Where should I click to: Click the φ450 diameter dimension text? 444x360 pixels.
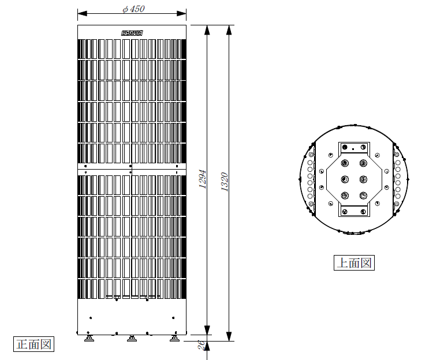pos(133,9)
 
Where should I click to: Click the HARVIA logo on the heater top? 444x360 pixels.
pos(132,33)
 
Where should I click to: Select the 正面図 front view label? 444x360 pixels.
pos(34,344)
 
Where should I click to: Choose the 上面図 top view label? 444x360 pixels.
pos(355,263)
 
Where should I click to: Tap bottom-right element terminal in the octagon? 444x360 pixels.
pos(363,195)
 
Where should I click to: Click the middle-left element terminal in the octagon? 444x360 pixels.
pos(345,179)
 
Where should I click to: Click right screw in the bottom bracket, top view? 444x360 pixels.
pos(364,212)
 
